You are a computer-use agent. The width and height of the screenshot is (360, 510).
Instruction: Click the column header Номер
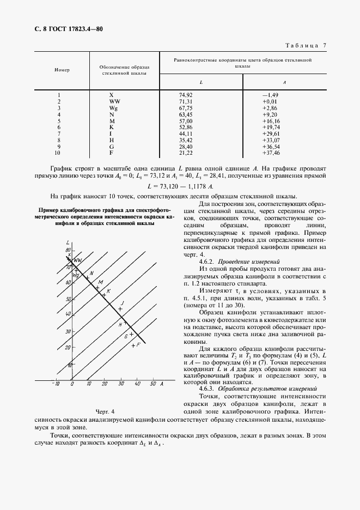pyautogui.click(x=62, y=70)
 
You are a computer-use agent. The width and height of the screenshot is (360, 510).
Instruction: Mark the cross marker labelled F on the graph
pyautogui.click(x=132, y=346)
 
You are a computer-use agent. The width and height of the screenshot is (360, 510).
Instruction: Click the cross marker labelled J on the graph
pyautogui.click(x=120, y=309)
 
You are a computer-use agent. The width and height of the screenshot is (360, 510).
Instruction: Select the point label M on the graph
pyautogui.click(x=100, y=282)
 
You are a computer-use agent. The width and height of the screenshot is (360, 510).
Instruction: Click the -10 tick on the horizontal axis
pyautogui.click(x=55, y=385)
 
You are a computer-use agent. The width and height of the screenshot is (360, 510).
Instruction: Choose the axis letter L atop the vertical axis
pyautogui.click(x=67, y=241)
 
